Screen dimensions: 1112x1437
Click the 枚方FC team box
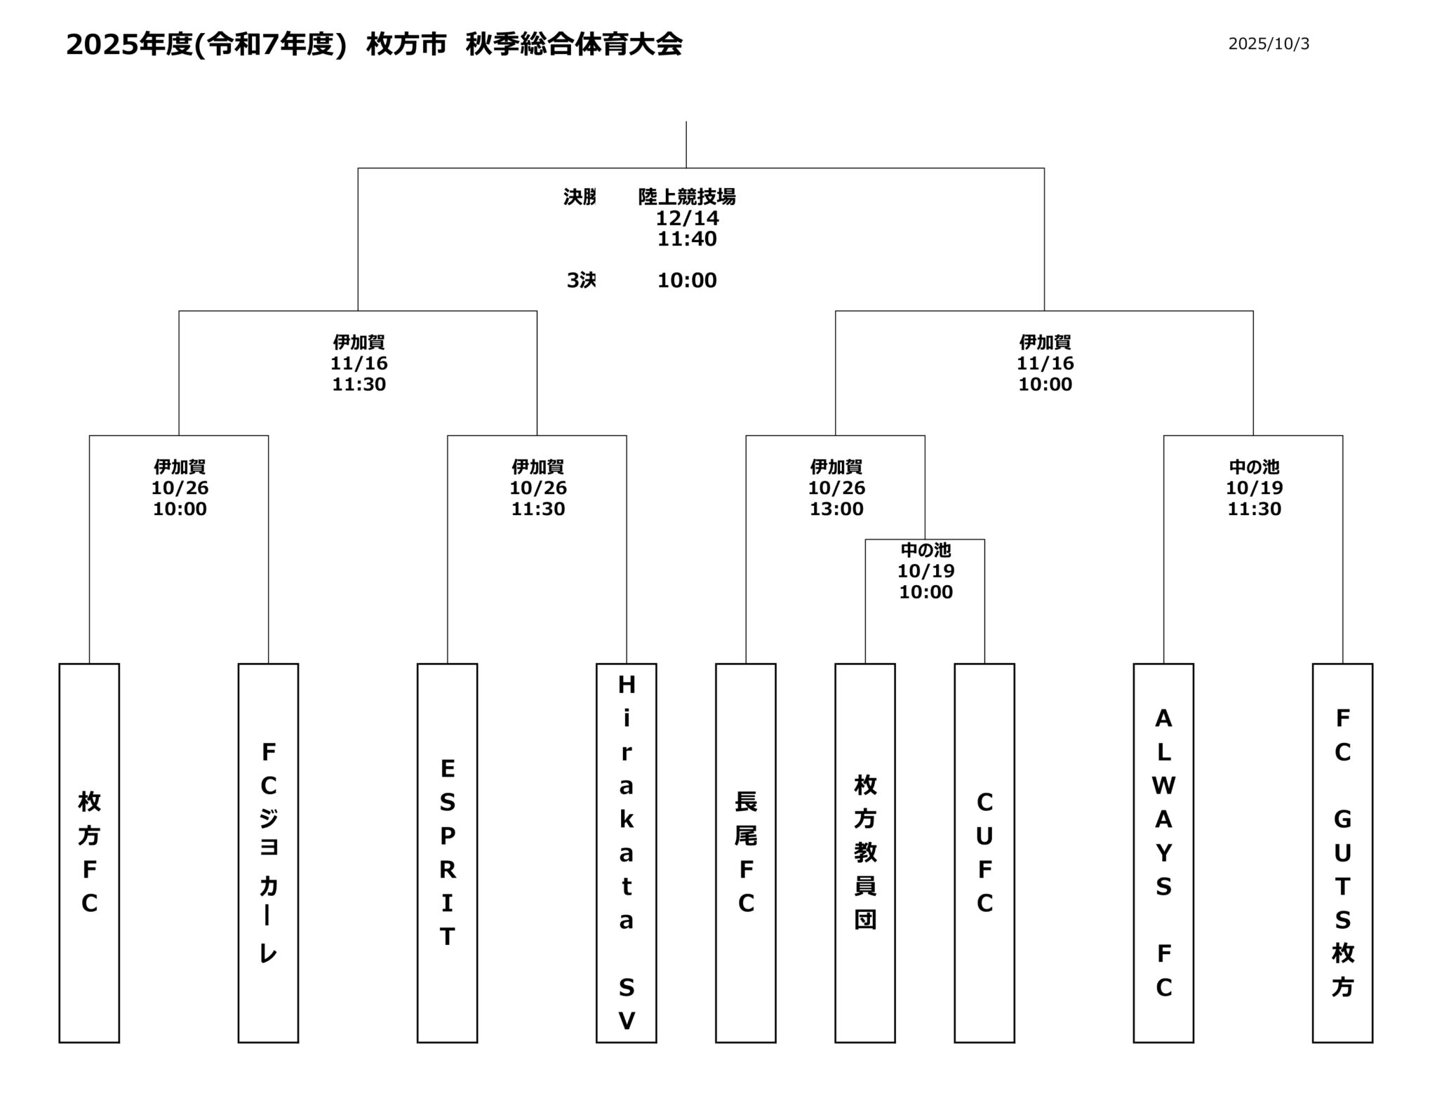[x=89, y=852]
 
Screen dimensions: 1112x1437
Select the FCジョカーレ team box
[x=268, y=852]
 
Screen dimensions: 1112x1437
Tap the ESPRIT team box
[x=447, y=852]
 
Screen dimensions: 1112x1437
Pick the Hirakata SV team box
[x=626, y=852]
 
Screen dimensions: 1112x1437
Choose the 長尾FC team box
[x=745, y=852]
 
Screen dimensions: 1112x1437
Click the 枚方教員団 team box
[x=864, y=852]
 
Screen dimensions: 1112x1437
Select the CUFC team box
[x=984, y=852]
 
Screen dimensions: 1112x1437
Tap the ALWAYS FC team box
[x=1163, y=852]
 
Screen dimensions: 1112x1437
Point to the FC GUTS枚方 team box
[x=1342, y=852]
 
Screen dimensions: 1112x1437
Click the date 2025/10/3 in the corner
[x=1269, y=44]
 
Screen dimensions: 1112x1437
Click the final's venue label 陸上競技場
[x=687, y=197]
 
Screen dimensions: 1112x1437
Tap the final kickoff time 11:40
[x=687, y=239]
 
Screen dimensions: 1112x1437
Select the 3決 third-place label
[x=581, y=281]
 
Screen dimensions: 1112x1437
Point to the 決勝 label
[x=580, y=197]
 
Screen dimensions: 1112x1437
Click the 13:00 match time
[x=836, y=509]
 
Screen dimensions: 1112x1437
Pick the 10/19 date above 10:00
[x=925, y=571]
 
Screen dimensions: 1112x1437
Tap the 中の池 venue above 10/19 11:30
[x=1254, y=467]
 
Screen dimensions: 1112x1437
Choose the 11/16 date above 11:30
[x=359, y=363]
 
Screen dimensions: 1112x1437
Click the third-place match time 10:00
[x=687, y=281]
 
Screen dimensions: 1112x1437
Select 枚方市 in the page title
[x=406, y=45]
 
